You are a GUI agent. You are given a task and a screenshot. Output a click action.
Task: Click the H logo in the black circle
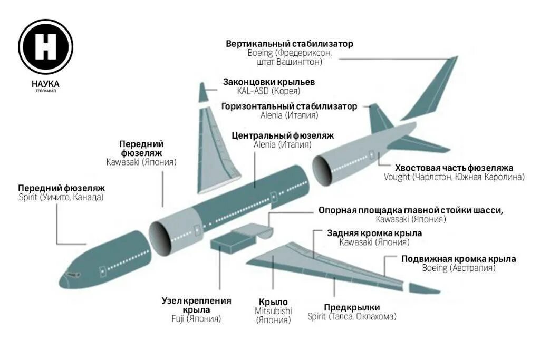coord(45,46)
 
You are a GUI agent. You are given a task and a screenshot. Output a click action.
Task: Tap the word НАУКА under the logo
coord(45,84)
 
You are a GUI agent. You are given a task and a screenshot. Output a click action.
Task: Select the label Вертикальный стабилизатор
coord(290,44)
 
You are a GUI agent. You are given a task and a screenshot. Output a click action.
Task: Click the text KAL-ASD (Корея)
coord(268,91)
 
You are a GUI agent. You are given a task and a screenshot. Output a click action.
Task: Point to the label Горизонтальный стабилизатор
coord(289,106)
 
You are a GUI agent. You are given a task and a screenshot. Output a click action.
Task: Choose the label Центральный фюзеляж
coord(283,135)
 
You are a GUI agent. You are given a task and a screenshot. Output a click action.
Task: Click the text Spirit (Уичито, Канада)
coord(61,197)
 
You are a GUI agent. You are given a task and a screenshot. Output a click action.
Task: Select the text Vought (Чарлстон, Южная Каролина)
coord(454,177)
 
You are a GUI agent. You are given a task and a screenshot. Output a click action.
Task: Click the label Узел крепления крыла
coord(196,305)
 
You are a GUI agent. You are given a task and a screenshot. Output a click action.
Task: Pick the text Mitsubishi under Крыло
coord(273,311)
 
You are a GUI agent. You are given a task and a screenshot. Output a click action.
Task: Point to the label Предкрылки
coord(352,307)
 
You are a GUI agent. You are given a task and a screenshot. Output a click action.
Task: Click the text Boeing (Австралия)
coord(458,268)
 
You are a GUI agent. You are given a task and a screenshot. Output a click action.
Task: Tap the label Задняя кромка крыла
coord(374,233)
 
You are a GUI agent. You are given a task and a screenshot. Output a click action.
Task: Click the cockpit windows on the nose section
coord(71,275)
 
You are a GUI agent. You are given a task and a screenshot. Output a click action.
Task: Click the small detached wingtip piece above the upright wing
coord(204,93)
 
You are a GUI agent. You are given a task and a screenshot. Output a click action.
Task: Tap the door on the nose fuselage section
coord(103,271)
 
